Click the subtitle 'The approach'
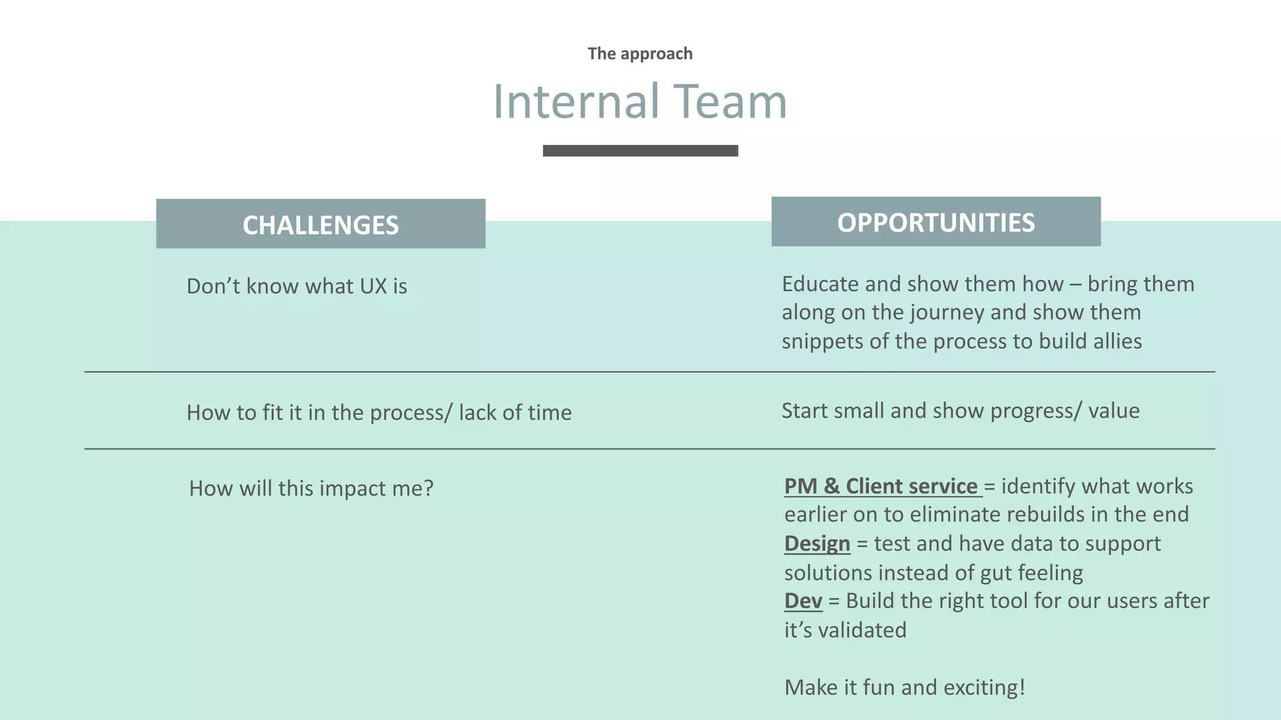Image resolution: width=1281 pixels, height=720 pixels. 640,54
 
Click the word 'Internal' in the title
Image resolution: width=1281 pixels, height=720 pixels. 576,101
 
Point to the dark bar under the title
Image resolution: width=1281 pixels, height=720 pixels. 640,151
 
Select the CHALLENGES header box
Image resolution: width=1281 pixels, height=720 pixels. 320,224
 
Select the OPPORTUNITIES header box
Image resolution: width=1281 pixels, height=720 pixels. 936,222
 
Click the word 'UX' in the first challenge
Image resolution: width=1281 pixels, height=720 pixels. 373,286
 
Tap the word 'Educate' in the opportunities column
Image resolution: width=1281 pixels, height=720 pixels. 820,284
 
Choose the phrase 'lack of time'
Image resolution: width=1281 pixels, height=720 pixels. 515,412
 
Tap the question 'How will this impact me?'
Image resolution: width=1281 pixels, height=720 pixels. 311,488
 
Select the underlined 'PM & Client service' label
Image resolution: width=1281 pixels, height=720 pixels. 881,486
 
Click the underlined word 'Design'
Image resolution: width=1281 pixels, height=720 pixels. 817,544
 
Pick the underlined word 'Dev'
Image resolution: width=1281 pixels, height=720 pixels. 803,601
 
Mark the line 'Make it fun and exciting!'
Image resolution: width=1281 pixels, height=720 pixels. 904,687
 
